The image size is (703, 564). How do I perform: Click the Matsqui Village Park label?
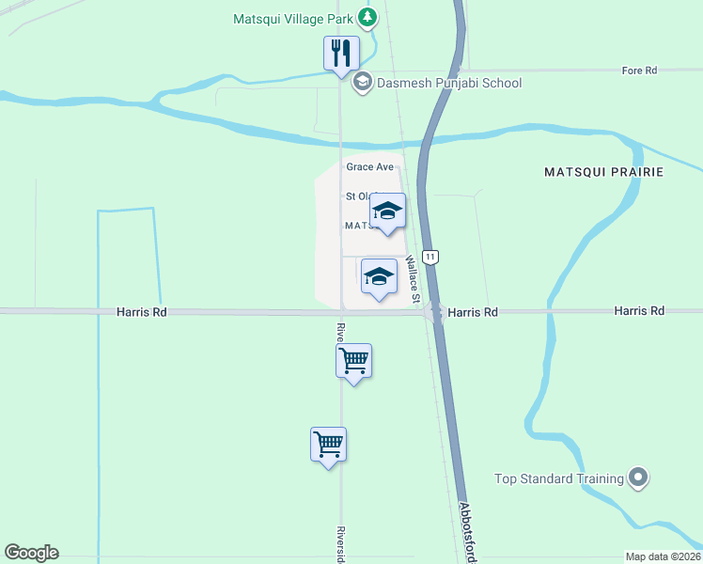294,17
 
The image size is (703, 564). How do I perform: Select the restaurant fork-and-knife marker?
341,53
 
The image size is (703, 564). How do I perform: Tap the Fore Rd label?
639,70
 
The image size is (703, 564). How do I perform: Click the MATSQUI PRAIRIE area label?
603,172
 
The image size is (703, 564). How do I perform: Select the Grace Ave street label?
369,166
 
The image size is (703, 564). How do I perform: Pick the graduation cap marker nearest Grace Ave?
387,211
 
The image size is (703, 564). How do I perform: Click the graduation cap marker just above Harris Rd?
379,277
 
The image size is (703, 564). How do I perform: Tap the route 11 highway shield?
430,257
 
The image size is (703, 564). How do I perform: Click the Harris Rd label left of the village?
142,311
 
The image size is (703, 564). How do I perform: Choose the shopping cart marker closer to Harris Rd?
354,361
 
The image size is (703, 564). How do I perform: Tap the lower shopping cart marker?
328,445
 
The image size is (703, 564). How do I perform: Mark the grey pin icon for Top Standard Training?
639,478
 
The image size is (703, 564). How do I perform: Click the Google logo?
31,553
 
